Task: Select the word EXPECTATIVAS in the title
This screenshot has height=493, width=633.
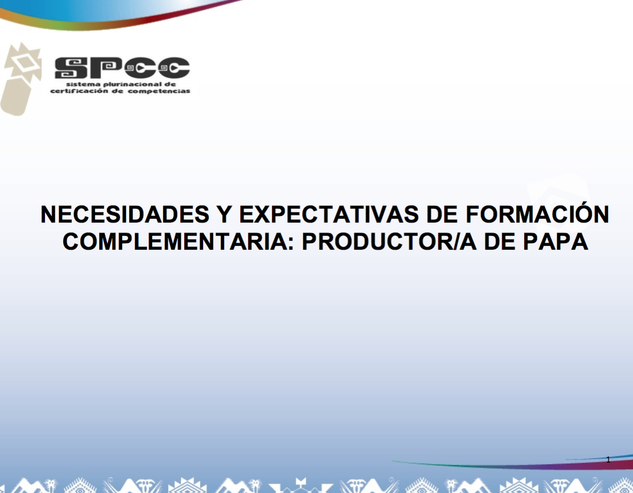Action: click(329, 214)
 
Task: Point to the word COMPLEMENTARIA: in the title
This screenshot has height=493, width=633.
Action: click(178, 242)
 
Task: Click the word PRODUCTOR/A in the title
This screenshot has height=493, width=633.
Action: click(389, 242)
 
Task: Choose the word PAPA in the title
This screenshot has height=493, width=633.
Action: click(555, 242)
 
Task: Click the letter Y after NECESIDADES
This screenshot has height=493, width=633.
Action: click(224, 214)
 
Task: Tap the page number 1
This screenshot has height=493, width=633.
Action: click(608, 460)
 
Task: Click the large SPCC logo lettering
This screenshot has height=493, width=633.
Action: click(122, 68)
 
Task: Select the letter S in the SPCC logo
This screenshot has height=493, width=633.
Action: click(71, 68)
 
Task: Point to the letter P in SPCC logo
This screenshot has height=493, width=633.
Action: click(106, 68)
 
